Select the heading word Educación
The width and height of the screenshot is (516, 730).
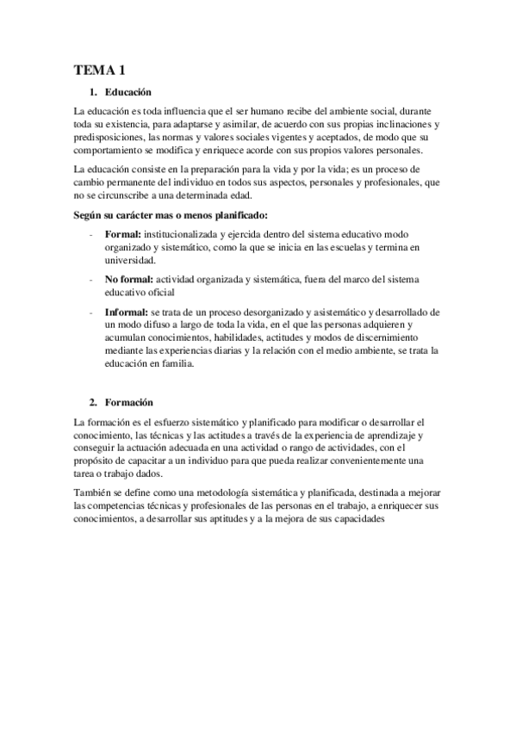[128, 92]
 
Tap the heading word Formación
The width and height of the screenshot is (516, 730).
[129, 402]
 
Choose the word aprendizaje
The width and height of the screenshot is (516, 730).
[392, 435]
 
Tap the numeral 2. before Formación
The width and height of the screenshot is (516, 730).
[94, 402]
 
